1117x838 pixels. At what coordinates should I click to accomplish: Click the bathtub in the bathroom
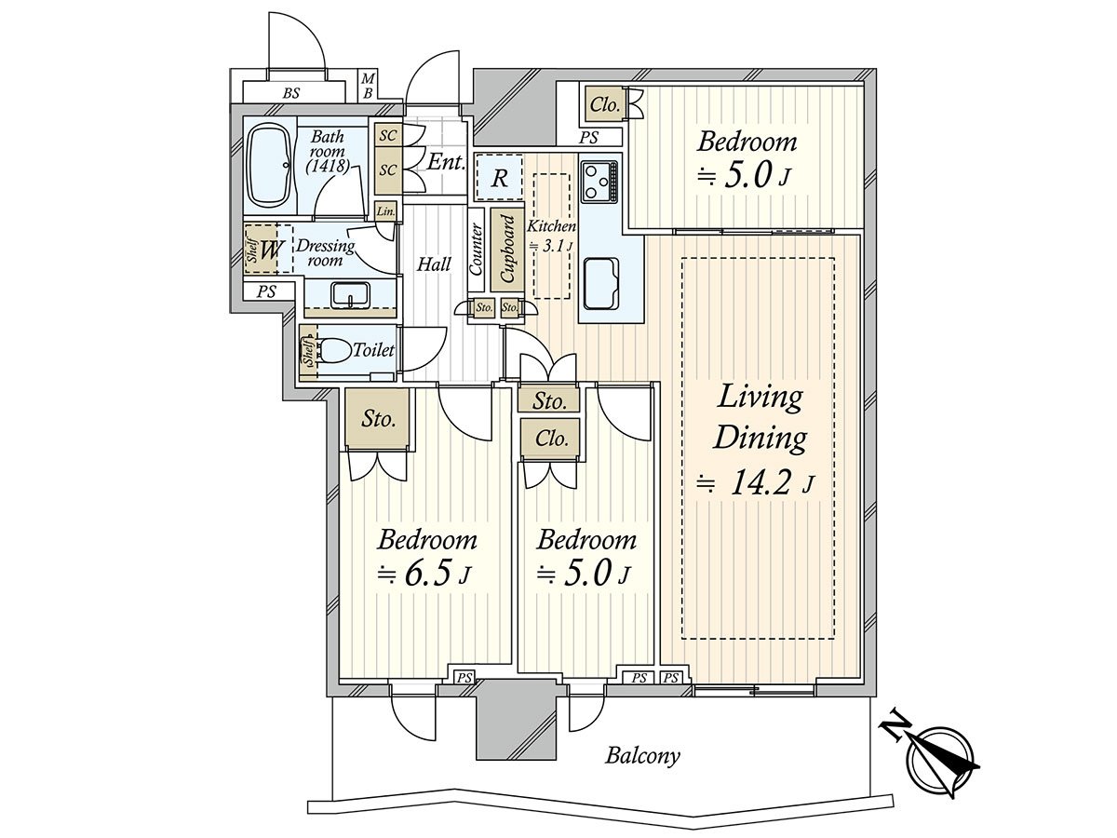pos(269,168)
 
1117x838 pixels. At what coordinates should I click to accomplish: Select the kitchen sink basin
pos(601,284)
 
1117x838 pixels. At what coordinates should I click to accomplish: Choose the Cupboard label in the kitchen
pos(507,249)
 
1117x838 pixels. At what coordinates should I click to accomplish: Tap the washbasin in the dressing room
pos(350,295)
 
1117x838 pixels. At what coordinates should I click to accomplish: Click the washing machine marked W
pos(269,250)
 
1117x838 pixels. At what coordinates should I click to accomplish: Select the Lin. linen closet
pos(385,210)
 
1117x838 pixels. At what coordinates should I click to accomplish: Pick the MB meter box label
pos(368,86)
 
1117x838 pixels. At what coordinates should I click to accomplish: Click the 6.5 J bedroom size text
pos(424,574)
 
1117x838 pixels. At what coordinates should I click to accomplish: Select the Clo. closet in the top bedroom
pos(604,105)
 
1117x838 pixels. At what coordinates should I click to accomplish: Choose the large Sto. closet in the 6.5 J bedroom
pos(378,419)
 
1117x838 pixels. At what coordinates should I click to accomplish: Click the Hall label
pos(434,264)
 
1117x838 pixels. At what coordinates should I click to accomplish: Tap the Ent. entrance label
pos(446,162)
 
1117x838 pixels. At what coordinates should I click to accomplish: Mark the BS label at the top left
pos(291,93)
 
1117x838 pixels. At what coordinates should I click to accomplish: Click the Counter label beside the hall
pos(476,250)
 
